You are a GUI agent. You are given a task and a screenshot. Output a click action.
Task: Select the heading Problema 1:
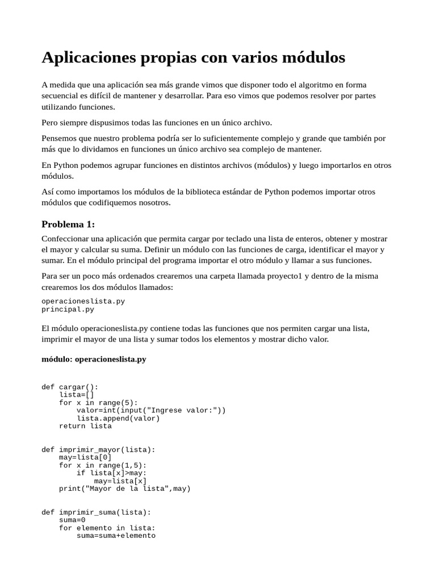click(68, 224)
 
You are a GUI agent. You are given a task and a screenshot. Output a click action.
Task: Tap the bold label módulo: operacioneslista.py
click(94, 359)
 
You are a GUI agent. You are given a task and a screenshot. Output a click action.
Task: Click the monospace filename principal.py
click(68, 310)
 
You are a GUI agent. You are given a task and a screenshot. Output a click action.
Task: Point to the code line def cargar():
click(70, 387)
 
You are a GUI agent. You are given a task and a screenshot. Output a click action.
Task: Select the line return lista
click(85, 426)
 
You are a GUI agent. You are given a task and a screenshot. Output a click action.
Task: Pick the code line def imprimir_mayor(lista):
click(98, 450)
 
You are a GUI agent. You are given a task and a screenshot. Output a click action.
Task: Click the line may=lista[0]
click(85, 457)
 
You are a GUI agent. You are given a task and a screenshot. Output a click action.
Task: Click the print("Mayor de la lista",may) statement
click(125, 489)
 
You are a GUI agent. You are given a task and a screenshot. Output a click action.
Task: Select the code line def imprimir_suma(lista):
click(96, 512)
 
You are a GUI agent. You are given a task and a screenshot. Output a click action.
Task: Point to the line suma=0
click(72, 520)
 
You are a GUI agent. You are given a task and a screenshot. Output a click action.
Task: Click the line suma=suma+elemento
click(116, 536)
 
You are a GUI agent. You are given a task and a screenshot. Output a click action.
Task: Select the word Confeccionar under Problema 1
click(65, 239)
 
